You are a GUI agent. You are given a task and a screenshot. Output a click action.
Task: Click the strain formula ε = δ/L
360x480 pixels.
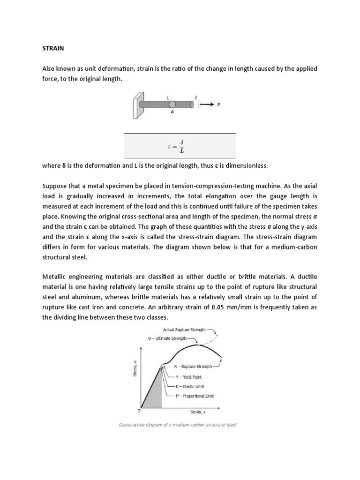coord(180,146)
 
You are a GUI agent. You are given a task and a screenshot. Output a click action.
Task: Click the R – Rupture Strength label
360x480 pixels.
coord(193,366)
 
